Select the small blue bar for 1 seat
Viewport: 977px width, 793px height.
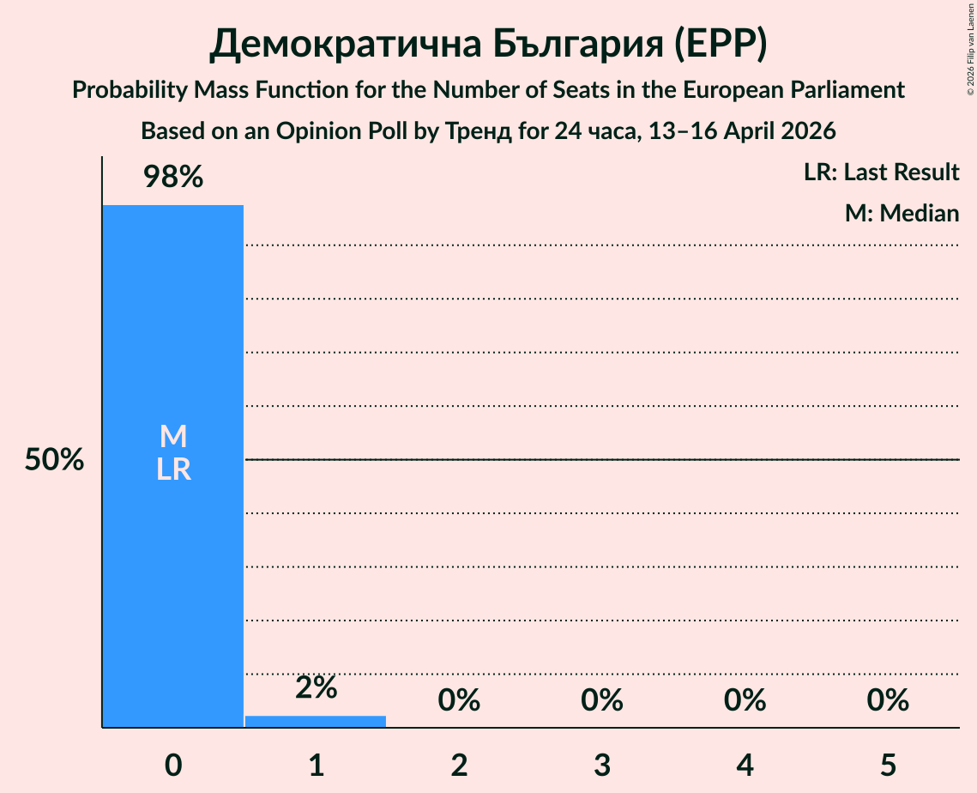click(316, 722)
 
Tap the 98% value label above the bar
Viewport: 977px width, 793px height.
click(173, 178)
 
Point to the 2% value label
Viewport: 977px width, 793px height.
click(316, 687)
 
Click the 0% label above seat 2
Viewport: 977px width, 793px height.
click(459, 700)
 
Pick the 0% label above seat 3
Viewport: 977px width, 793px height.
click(602, 700)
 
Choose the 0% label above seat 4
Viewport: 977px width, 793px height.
click(745, 700)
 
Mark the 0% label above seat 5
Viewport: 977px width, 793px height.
click(888, 700)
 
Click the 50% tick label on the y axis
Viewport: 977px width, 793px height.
click(54, 460)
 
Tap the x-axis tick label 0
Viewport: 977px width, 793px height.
click(173, 765)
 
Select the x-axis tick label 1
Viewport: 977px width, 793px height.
click(316, 765)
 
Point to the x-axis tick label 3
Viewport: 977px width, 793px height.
click(602, 765)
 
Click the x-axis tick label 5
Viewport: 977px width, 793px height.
click(888, 765)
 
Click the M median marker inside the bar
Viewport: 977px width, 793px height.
click(173, 437)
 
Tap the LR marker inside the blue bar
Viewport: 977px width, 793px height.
click(173, 469)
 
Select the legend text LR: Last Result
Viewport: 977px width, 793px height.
click(882, 173)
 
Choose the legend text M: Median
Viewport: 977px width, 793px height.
click(902, 213)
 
